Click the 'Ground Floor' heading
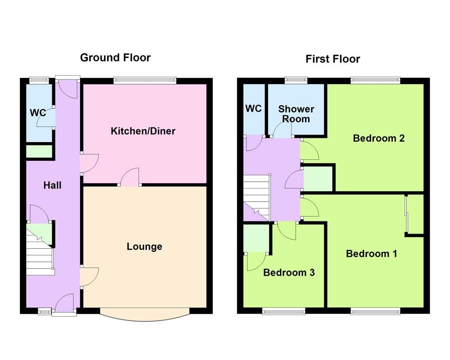pyautogui.click(x=115, y=58)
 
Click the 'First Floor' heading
pyautogui.click(x=333, y=59)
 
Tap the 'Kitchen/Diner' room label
pyautogui.click(x=143, y=131)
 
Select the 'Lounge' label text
pyautogui.click(x=144, y=247)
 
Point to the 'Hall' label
pyautogui.click(x=52, y=185)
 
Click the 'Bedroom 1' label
pyautogui.click(x=371, y=254)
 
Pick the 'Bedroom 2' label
pyautogui.click(x=378, y=138)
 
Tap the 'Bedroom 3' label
pyautogui.click(x=288, y=272)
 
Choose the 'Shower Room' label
pyautogui.click(x=296, y=114)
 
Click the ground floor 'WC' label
pyautogui.click(x=38, y=112)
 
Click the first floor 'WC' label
pyautogui.click(x=253, y=108)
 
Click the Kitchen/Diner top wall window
pyautogui.click(x=144, y=81)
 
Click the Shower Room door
pyautogui.click(x=282, y=131)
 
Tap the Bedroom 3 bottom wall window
pyautogui.click(x=284, y=310)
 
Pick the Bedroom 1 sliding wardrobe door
pyautogui.click(x=406, y=215)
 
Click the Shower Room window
pyautogui.click(x=296, y=81)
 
